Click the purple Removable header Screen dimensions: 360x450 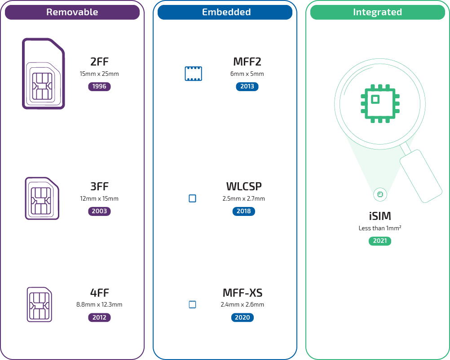click(x=72, y=12)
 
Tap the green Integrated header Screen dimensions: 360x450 click(x=377, y=12)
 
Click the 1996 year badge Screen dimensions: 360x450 click(x=99, y=86)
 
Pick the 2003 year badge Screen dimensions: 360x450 click(x=99, y=211)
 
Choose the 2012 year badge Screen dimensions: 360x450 click(x=99, y=317)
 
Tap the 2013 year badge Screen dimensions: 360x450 click(x=247, y=86)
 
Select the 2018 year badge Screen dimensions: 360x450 click(x=244, y=211)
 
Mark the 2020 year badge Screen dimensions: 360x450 click(x=243, y=317)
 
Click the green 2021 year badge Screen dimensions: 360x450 click(x=380, y=241)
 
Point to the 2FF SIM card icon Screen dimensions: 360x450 click(x=43, y=74)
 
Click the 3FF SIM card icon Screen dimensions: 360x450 click(x=42, y=198)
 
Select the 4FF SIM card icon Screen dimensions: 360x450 click(x=40, y=304)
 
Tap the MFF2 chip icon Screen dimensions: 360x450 click(x=193, y=74)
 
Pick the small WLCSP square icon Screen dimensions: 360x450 click(x=192, y=198)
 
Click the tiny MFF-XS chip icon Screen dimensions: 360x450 click(x=192, y=304)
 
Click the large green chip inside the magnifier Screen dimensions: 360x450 click(x=380, y=103)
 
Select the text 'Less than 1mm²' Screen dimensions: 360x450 click(x=380, y=228)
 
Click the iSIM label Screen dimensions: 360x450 click(x=380, y=216)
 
